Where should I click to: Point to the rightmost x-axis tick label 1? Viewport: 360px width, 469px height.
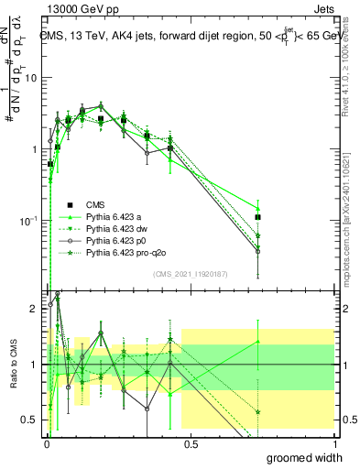coord(334,443)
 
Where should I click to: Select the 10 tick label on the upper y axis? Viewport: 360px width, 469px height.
coord(31,77)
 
